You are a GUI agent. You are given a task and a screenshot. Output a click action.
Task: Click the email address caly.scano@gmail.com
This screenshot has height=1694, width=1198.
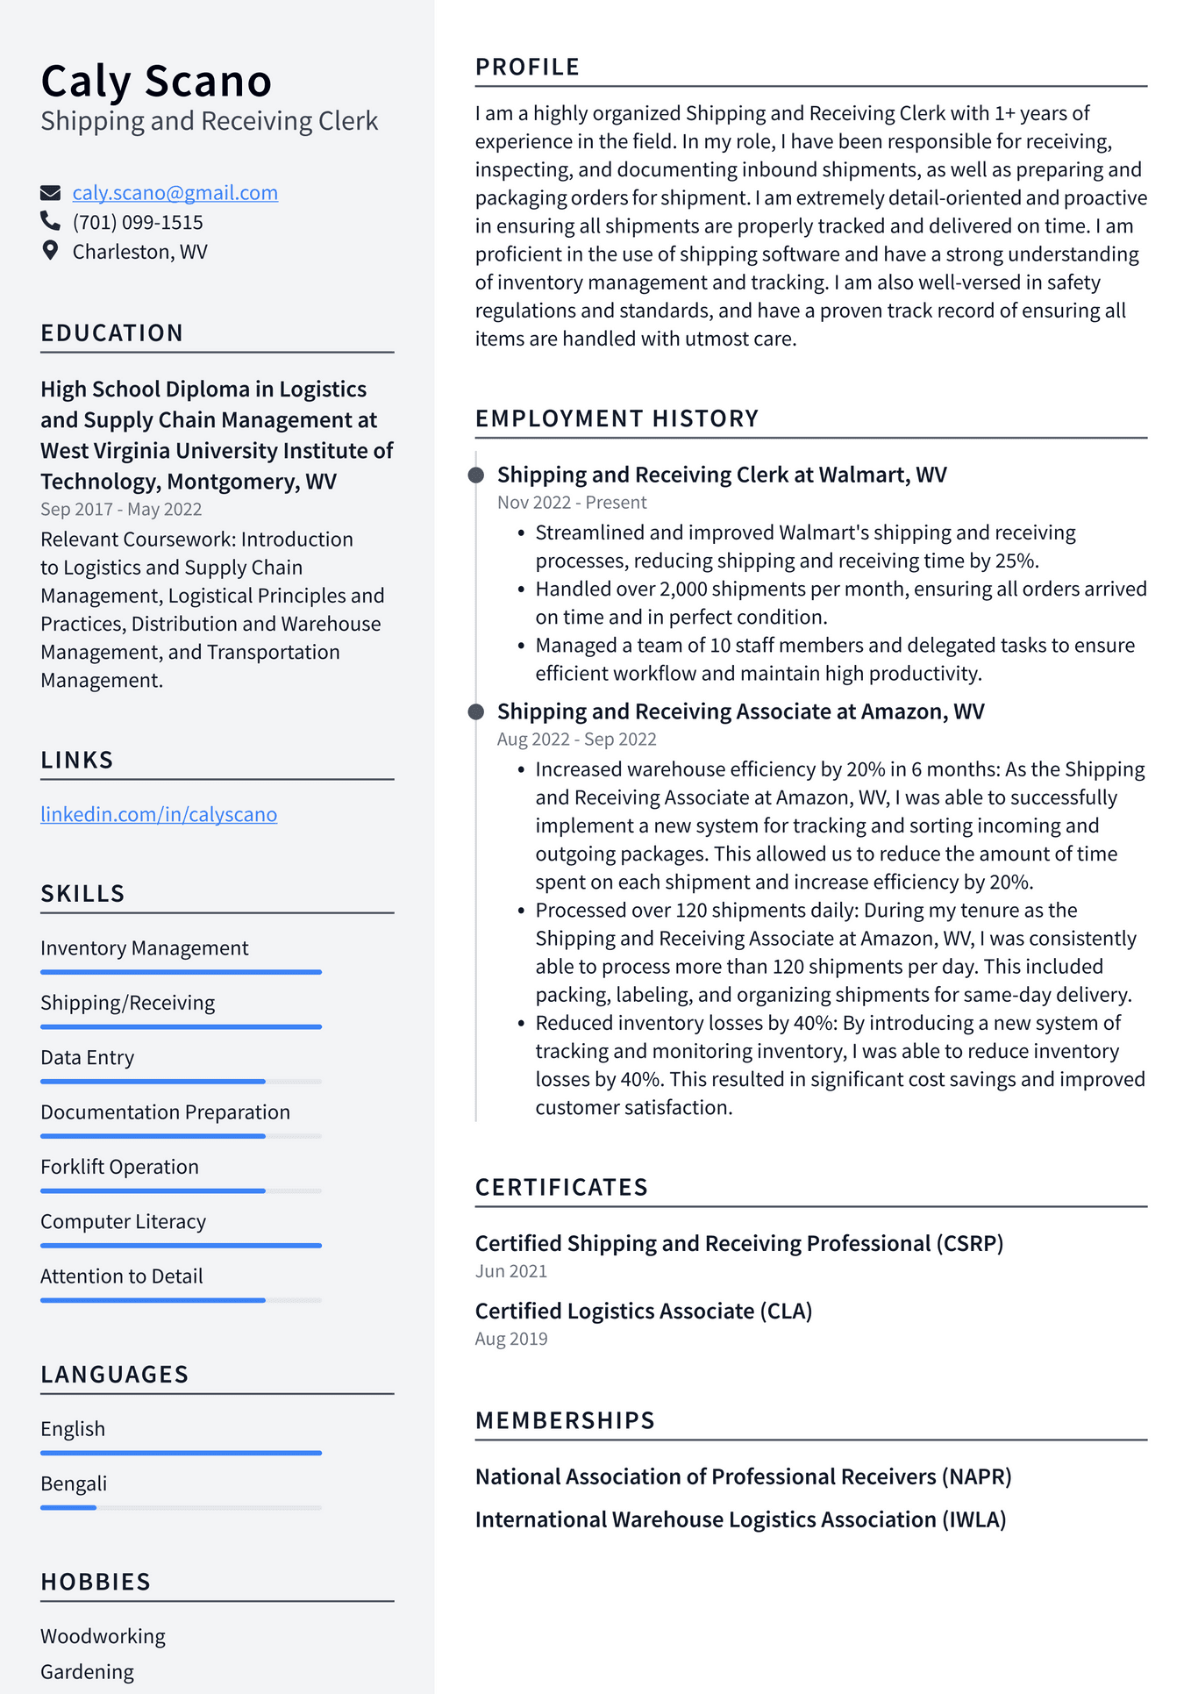175,193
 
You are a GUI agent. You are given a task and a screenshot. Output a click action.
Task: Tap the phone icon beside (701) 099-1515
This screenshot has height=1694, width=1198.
51,221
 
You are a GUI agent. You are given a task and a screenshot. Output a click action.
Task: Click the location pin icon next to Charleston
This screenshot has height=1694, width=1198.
51,251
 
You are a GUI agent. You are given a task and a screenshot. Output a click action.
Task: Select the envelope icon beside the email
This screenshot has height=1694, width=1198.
51,193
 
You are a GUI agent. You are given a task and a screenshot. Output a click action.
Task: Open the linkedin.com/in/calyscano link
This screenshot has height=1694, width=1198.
159,814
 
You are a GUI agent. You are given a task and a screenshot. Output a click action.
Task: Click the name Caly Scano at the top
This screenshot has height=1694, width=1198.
156,81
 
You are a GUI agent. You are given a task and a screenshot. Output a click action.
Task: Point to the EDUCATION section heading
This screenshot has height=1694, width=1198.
112,333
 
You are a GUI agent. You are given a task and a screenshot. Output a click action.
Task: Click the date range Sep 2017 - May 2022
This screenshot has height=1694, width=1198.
121,509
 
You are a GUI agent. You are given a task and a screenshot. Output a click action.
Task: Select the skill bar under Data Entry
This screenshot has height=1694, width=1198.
181,1081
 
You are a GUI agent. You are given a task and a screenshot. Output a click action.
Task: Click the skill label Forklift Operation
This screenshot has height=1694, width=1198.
119,1167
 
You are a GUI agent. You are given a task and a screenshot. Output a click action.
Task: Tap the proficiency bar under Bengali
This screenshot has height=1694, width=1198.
181,1507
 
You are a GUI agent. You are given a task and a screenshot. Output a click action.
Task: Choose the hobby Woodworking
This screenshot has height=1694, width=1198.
103,1636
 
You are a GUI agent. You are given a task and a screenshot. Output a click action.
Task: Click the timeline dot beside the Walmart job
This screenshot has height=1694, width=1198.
476,475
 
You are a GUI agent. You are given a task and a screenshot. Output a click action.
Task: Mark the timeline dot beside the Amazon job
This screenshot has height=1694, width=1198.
476,711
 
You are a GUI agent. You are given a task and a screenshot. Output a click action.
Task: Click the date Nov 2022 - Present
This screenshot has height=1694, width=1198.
572,503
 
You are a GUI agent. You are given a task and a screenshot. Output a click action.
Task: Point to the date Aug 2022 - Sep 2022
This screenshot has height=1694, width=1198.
576,740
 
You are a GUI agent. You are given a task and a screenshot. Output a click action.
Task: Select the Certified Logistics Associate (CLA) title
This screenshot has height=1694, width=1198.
643,1311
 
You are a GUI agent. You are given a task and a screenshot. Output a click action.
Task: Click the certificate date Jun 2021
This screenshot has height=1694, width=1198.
511,1271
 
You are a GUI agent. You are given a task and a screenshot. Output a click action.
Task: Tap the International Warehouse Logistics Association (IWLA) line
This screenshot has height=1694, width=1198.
740,1519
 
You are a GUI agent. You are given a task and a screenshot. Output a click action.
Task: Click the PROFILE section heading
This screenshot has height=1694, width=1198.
527,68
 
